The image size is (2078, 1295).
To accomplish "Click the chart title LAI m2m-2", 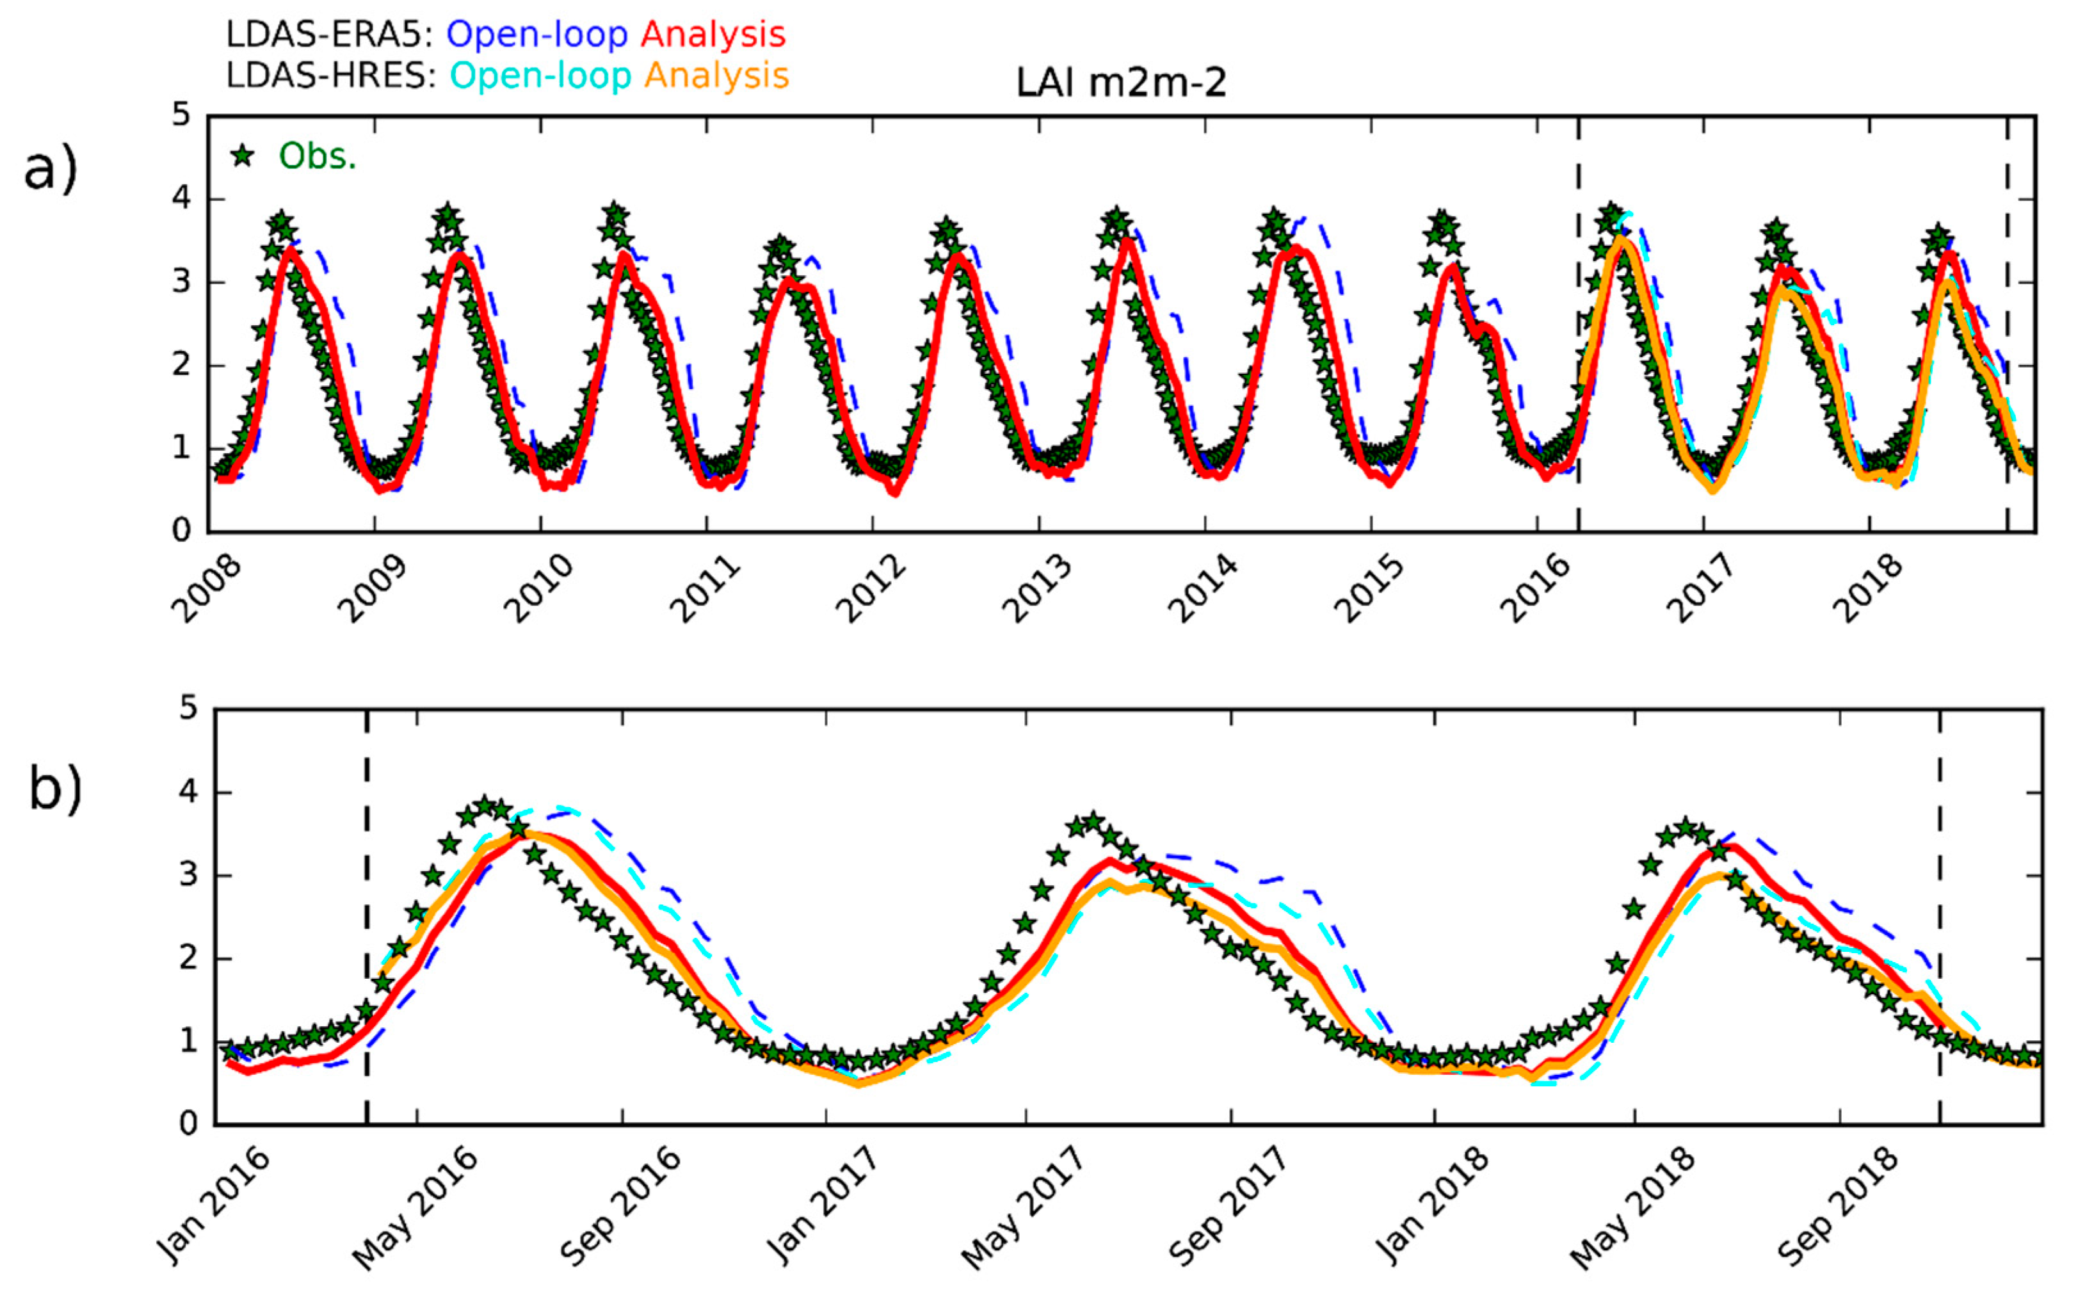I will [x=1120, y=84].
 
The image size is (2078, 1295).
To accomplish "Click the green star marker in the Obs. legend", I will [x=243, y=156].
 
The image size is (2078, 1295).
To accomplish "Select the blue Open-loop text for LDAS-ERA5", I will [x=537, y=35].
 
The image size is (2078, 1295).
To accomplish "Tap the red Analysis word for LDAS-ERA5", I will [x=713, y=35].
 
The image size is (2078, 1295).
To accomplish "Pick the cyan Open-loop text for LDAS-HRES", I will [x=540, y=76].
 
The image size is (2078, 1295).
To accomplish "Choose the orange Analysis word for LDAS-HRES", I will [x=716, y=76].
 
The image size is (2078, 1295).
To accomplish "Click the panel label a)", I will [x=51, y=170].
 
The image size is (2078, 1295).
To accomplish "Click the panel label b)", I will [x=55, y=787].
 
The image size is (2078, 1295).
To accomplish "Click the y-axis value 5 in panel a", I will [x=181, y=115].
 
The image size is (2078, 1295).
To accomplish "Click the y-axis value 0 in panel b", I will [x=188, y=1123].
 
